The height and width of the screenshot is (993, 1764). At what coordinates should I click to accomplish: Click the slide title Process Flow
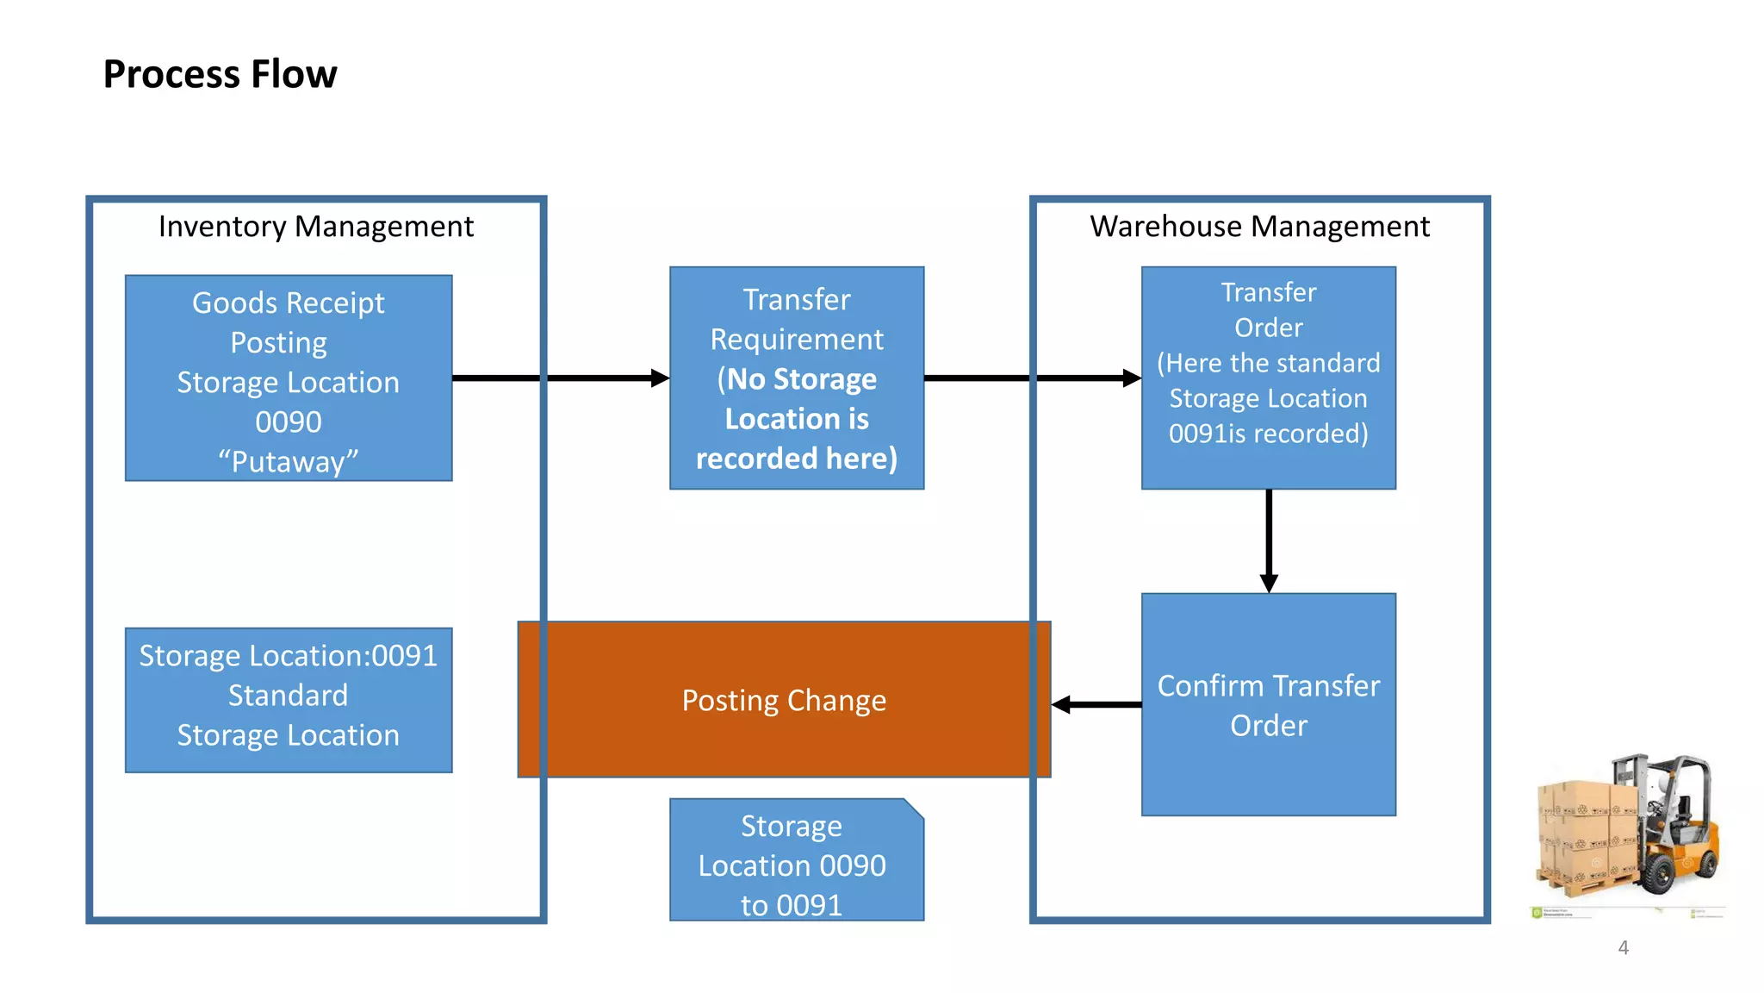tap(220, 74)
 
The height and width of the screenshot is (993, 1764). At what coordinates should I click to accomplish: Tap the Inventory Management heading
tap(315, 227)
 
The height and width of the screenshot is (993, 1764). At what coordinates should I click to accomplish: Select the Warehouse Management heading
tap(1259, 227)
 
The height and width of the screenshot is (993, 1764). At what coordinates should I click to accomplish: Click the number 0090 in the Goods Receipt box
tap(288, 422)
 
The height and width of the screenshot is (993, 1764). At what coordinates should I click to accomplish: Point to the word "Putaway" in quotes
tap(288, 462)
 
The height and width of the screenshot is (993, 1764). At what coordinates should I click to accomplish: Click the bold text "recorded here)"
tap(796, 459)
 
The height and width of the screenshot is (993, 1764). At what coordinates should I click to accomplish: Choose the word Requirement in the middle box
tap(796, 340)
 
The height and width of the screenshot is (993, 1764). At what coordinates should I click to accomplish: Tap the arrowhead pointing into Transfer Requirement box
tap(660, 378)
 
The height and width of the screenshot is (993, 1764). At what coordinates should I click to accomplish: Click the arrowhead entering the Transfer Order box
tap(1132, 378)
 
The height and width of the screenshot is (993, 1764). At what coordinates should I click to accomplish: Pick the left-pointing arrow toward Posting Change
tap(1063, 705)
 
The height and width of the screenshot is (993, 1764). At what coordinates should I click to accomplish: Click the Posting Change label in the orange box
tap(784, 701)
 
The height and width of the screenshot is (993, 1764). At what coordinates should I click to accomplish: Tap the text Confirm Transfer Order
tap(1268, 705)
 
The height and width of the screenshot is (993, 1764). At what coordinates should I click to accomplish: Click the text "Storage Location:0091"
tap(288, 656)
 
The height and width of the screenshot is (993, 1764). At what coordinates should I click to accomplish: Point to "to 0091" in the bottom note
tap(791, 905)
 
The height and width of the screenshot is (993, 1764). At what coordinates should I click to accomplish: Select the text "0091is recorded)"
tap(1268, 434)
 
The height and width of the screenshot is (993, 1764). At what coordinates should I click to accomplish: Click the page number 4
tap(1623, 947)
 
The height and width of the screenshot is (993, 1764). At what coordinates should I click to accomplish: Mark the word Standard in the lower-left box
tap(288, 696)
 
